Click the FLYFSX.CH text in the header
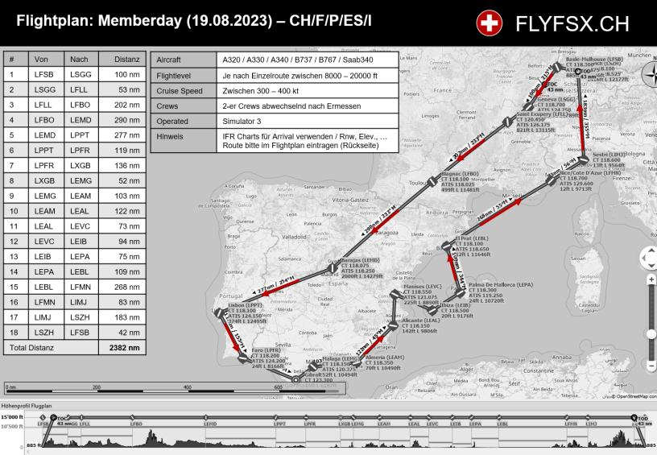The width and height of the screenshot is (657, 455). pyautogui.click(x=572, y=24)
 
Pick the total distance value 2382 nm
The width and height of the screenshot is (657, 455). pyautogui.click(x=125, y=348)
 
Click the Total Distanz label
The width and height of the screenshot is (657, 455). pyautogui.click(x=31, y=348)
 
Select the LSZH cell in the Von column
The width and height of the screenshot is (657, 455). pyautogui.click(x=44, y=333)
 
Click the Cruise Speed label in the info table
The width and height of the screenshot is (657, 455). pyautogui.click(x=180, y=91)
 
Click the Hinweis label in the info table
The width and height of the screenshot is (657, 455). pyautogui.click(x=170, y=136)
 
